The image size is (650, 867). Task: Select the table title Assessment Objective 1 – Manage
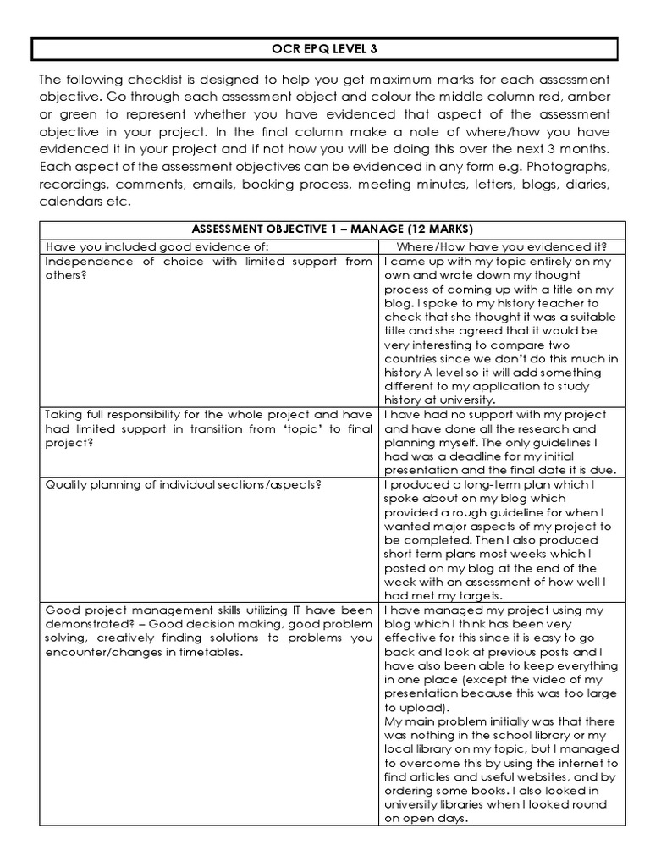point(333,229)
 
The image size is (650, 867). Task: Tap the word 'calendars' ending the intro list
point(70,202)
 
